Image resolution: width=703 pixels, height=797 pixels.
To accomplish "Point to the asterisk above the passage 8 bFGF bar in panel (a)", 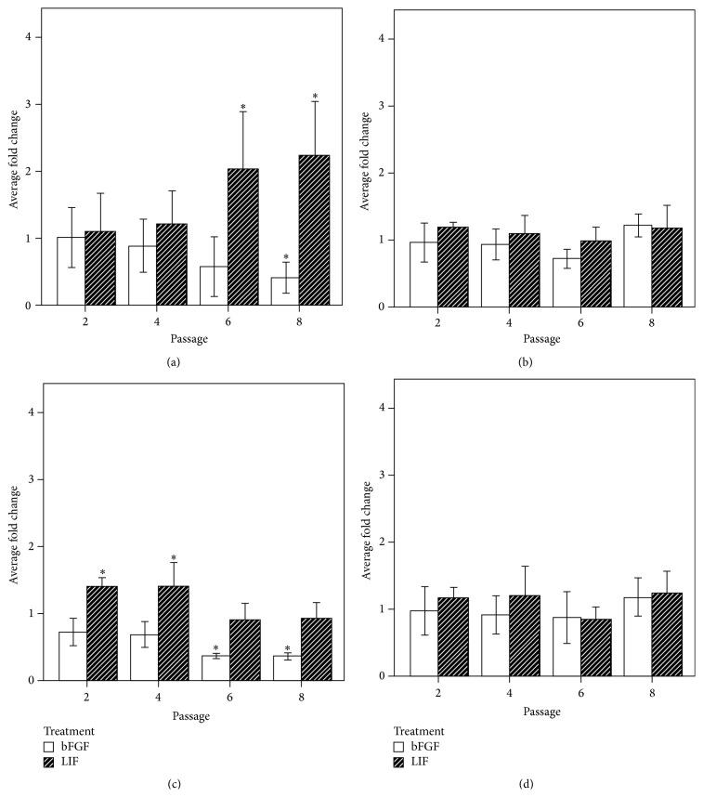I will coord(286,258).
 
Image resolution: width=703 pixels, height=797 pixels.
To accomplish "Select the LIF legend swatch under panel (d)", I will coord(398,762).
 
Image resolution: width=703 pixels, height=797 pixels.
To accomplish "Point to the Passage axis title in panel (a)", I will coord(193,340).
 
